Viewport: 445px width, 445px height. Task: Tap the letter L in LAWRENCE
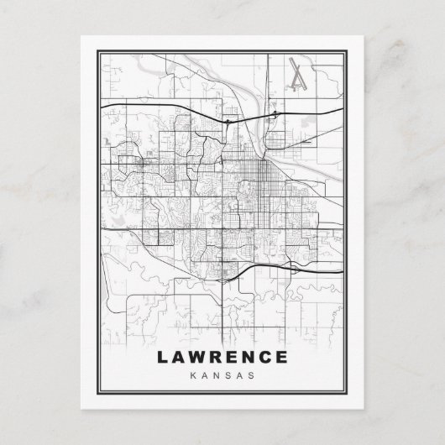coord(162,357)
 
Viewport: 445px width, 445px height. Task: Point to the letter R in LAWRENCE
coord(217,357)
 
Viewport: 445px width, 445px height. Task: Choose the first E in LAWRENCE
coord(233,357)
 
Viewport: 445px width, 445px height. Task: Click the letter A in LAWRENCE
coord(179,357)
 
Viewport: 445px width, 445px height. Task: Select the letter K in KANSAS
coord(196,374)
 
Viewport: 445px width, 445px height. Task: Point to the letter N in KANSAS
coord(217,374)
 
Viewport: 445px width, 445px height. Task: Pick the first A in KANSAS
coord(207,374)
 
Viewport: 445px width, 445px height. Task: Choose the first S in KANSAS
coord(228,374)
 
